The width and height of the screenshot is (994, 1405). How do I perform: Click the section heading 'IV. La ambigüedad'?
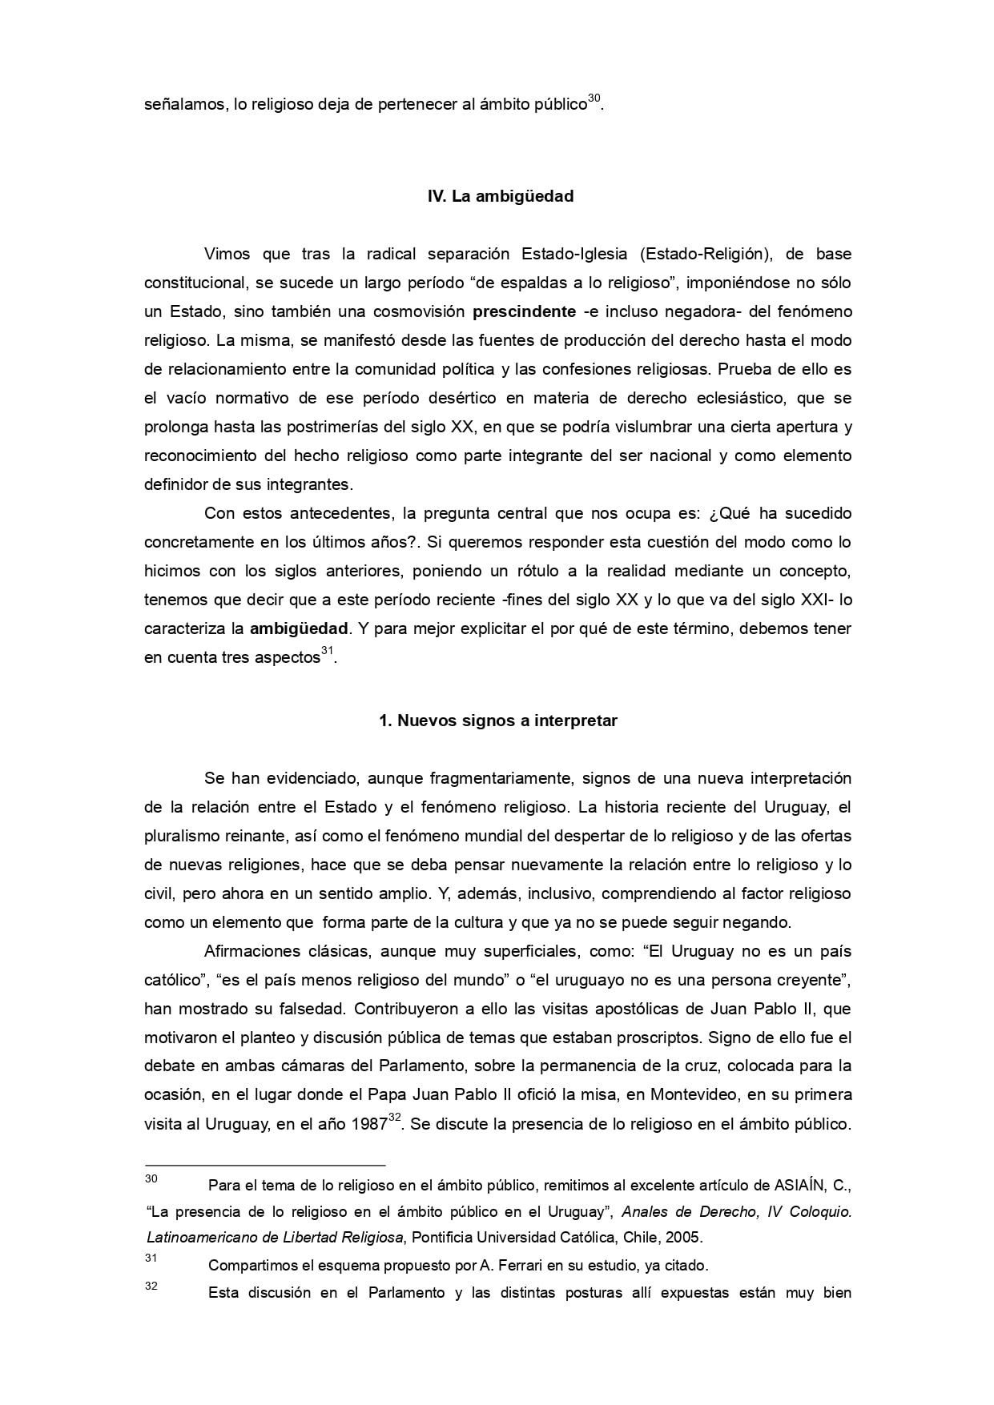coord(501,196)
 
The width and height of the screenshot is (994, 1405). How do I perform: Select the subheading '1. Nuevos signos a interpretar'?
coord(497,721)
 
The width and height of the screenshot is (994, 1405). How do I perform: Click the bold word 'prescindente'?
coord(524,311)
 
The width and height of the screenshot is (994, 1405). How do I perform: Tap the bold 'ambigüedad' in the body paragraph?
coord(299,628)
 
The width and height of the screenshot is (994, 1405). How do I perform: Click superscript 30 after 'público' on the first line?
coord(594,99)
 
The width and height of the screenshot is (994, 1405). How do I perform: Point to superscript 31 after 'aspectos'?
coord(327,652)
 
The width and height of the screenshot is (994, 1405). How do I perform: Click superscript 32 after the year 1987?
coord(394,1118)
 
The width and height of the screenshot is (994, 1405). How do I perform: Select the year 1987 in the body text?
coord(368,1124)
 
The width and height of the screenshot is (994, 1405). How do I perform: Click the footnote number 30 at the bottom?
coord(151,1178)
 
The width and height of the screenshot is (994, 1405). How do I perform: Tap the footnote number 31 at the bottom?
coord(151,1258)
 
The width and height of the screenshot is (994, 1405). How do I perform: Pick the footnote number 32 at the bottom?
coord(151,1287)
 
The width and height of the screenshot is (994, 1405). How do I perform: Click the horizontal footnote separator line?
coord(264,1165)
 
